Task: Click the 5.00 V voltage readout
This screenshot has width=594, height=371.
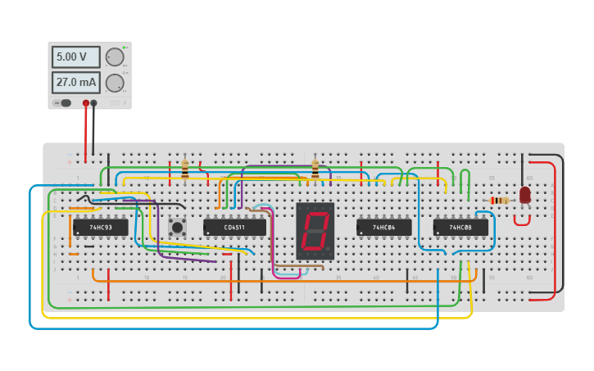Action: (x=75, y=57)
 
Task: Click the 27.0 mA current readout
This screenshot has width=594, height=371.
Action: (x=75, y=83)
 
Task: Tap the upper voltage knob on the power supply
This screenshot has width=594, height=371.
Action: (x=115, y=57)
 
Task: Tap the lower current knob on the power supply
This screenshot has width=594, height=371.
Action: (x=115, y=83)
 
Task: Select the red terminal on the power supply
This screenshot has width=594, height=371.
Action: (x=85, y=103)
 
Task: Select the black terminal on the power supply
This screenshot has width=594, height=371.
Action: (x=93, y=103)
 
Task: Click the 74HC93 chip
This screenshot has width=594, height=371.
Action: (x=100, y=227)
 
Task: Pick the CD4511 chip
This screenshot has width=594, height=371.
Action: (x=234, y=227)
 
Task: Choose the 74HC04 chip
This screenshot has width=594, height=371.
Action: (x=383, y=227)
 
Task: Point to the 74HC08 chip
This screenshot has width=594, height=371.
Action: (x=460, y=227)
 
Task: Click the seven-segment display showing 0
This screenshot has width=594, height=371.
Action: (x=315, y=231)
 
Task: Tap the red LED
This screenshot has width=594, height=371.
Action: (x=524, y=195)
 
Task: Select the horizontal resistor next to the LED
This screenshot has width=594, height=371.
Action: (x=499, y=201)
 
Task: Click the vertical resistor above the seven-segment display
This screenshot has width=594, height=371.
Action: (x=315, y=170)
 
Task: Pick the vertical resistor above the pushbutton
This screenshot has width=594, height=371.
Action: (x=185, y=170)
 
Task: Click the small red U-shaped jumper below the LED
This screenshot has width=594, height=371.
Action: (x=522, y=219)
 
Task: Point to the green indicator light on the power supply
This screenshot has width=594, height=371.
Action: (x=125, y=48)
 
